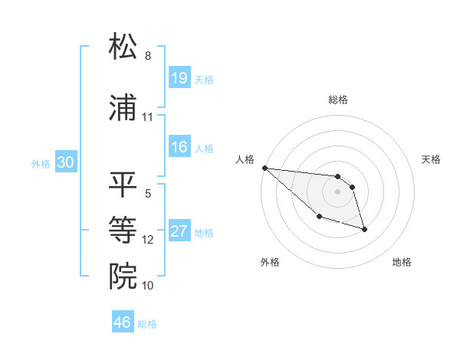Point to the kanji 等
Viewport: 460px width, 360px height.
123,228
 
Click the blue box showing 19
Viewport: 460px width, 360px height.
179,78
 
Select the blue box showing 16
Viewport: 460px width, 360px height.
179,147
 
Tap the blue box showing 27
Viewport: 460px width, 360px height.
179,231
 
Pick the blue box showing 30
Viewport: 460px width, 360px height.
65,162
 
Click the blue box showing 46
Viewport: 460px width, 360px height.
123,322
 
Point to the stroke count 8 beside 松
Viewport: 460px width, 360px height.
147,56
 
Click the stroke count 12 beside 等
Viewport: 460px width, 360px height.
147,239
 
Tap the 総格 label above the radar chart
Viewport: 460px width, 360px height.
338,100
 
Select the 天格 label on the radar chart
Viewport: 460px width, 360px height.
432,159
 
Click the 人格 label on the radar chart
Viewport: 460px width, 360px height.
245,159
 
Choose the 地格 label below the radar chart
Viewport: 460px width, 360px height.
402,262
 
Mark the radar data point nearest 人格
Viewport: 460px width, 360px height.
264,168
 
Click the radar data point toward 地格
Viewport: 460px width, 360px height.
364,229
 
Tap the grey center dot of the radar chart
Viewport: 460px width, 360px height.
338,191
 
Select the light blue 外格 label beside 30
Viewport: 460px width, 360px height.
40,163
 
